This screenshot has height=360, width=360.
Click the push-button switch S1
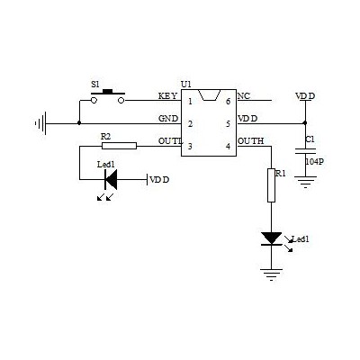coord(108,96)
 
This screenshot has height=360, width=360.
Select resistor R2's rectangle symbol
coord(119,146)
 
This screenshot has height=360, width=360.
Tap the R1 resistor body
coord(271,185)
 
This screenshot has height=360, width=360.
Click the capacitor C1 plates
coord(305,150)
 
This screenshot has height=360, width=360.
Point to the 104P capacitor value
coord(314,162)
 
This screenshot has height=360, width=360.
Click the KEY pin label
coord(167,96)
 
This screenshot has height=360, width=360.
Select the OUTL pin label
coord(170,141)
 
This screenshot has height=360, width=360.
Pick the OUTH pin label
coord(251,140)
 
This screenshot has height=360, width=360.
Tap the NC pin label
coord(244,96)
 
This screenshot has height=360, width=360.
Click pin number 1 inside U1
coord(190,102)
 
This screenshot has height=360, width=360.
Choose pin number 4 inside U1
coord(228,147)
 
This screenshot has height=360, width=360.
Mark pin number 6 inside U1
coord(228,102)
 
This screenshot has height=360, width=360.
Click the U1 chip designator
coord(186,85)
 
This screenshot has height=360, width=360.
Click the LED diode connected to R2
coord(111,179)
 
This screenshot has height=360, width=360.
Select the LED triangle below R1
coord(271,238)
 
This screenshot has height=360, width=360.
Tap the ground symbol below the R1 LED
coord(271,274)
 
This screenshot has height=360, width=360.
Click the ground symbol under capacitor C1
coord(305,182)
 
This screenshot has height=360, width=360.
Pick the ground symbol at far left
coord(40,123)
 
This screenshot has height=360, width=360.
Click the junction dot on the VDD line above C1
coord(305,123)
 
